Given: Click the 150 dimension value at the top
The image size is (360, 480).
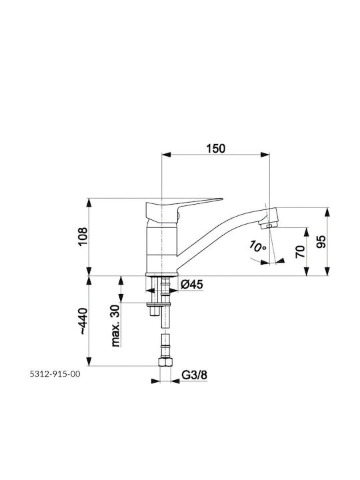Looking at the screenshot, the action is [x=215, y=149].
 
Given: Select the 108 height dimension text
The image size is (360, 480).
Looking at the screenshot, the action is [x=83, y=236].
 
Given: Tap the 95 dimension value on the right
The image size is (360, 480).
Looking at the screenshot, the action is [x=321, y=242].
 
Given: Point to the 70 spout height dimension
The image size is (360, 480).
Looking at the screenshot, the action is [x=301, y=251].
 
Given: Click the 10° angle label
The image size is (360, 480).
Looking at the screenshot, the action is [x=257, y=247].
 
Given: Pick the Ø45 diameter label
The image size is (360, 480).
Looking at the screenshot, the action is [x=192, y=285].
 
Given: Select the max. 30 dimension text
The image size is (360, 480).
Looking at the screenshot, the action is [x=115, y=326].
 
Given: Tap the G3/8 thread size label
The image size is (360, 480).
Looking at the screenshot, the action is [x=195, y=375].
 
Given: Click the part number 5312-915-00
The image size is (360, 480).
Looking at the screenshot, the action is [x=55, y=374].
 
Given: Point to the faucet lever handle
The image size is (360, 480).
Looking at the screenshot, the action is [x=184, y=208].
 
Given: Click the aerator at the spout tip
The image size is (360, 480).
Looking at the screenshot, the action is [x=267, y=226].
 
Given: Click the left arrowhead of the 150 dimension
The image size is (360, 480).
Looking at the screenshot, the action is [x=166, y=155].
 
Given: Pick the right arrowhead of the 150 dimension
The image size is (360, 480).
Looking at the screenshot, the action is [x=265, y=155].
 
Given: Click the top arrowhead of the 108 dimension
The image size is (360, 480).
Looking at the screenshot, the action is [x=89, y=203].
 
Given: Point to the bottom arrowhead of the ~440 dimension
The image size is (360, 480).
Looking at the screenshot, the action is [x=89, y=361].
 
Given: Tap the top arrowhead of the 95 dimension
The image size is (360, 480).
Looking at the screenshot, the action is [x=327, y=213].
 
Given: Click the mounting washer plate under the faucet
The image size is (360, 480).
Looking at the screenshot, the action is [x=159, y=304].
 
